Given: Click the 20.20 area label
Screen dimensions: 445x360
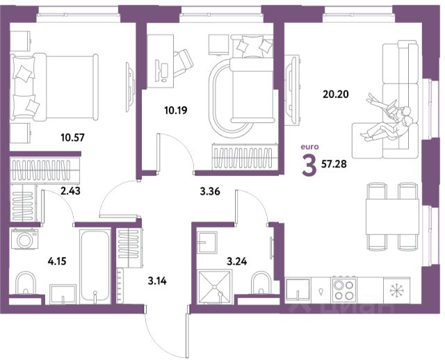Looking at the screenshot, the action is coord(336,94).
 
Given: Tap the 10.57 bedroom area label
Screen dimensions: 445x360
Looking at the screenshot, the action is coord(72,138).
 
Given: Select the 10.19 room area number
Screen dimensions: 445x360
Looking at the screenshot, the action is coord(176,110).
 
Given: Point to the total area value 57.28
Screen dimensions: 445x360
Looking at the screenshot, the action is coord(334,164).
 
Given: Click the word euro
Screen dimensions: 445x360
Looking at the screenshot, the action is coord(309,147).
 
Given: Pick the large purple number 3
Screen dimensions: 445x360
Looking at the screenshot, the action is coord(309,167).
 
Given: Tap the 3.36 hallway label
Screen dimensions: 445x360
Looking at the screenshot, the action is coord(210,192).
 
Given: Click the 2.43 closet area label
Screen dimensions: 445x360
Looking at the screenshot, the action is coord(70,191).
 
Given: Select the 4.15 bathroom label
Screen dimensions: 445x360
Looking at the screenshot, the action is coord(57,261).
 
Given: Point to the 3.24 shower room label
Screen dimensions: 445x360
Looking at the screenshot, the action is coord(236,261).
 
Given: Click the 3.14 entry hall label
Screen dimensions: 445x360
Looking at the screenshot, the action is coord(157,281).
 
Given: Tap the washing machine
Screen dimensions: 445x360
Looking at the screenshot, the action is coord(25,239).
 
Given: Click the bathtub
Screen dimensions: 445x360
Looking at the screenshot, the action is coord(95,266).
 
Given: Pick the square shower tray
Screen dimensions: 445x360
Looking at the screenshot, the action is coord(214,287).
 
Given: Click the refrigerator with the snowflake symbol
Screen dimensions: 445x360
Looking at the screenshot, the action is coord(396,290).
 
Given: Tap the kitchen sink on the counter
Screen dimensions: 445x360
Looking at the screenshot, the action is coord(298,289).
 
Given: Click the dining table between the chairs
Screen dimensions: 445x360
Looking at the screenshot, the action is coord(392,216).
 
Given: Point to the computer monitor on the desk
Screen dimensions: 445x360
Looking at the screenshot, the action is coord(165,70).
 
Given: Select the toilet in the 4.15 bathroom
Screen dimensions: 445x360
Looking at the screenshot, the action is coord(26,283).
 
